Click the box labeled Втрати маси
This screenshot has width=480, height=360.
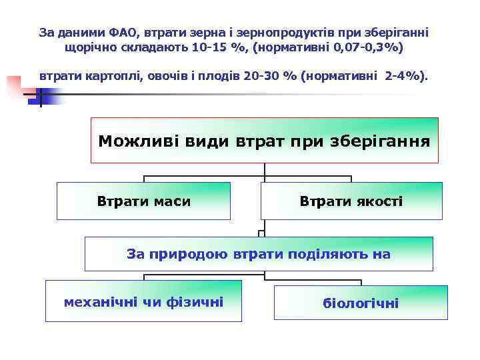[143, 201]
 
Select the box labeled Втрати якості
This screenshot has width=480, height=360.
[351, 201]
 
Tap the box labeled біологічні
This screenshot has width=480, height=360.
[361, 303]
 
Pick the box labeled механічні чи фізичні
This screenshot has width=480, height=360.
[143, 302]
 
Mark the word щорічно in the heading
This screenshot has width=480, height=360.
[87, 49]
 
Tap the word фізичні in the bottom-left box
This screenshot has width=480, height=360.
[197, 302]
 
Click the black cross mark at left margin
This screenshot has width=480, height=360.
[39, 97]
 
